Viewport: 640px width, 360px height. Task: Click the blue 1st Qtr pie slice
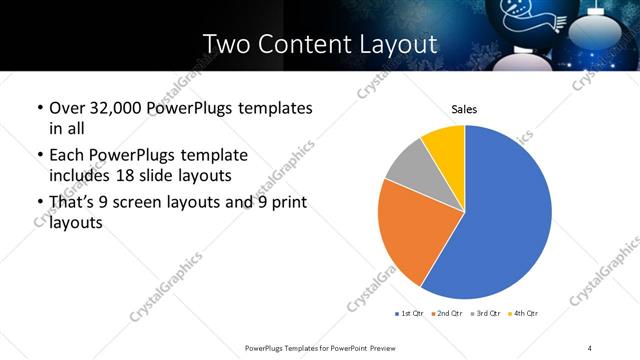click(x=500, y=215)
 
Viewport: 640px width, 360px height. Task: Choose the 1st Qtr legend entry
click(x=411, y=315)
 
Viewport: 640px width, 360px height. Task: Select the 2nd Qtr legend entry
click(x=449, y=315)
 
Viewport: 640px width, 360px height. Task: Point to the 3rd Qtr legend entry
click(x=487, y=315)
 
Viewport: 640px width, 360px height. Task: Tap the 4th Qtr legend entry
click(x=524, y=315)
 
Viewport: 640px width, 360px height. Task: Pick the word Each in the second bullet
click(x=68, y=155)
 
